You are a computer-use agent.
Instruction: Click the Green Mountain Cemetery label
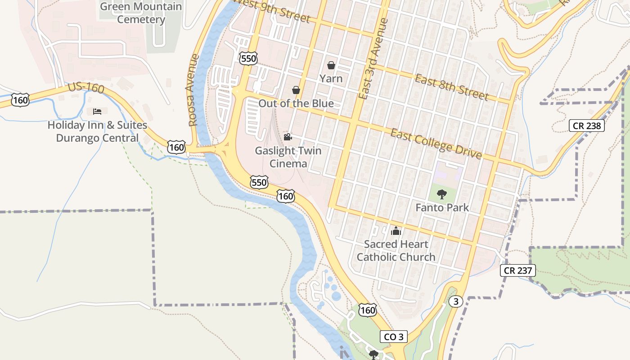coord(141,13)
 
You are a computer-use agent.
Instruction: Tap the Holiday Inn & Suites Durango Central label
coord(97,131)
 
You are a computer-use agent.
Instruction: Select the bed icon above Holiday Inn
coord(97,111)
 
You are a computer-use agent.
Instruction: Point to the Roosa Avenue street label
coord(193,90)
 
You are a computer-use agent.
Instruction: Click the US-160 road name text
coord(86,88)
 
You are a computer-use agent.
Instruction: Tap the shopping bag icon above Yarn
coord(331,65)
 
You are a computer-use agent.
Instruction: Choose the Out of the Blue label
coord(296,103)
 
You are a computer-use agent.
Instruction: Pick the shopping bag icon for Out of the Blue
coord(296,90)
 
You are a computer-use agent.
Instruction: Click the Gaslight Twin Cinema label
coord(288,157)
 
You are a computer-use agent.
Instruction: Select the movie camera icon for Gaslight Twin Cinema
coord(288,137)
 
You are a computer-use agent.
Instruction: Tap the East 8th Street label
coord(451,87)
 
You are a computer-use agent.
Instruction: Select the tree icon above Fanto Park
coord(442,194)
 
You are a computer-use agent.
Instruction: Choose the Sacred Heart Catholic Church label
coord(396,251)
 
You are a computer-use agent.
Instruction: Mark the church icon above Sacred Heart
coord(396,231)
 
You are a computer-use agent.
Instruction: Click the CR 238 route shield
coord(587,126)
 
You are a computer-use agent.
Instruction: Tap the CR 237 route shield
coord(518,270)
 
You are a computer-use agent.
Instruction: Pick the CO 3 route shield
coord(394,337)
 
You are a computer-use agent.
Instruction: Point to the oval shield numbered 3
coord(456,301)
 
